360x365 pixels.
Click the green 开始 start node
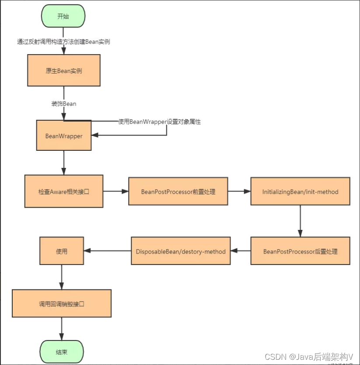coord(63,16)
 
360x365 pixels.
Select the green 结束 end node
coord(62,352)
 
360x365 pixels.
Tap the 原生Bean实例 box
coord(64,70)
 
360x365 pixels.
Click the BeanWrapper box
coord(64,136)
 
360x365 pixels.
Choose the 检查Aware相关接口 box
coord(64,191)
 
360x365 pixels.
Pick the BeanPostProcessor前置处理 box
coord(178,191)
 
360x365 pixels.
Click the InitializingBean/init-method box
coord(300,191)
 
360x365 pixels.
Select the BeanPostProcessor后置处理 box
coord(300,251)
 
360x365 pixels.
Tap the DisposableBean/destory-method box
coord(181,251)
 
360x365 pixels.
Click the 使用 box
coord(62,251)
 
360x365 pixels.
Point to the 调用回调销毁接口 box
coord(62,303)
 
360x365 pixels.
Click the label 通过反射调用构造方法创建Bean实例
coord(63,42)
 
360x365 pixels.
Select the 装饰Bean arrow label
coord(63,104)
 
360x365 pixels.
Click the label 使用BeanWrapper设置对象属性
coord(160,122)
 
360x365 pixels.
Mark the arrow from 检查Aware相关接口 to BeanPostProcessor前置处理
coord(115,191)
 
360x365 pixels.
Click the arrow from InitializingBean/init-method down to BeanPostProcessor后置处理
coord(300,221)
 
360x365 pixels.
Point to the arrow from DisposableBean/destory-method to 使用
coord(108,251)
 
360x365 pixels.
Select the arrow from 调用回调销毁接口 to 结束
coord(62,328)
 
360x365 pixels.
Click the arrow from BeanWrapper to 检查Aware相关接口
coord(64,163)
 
